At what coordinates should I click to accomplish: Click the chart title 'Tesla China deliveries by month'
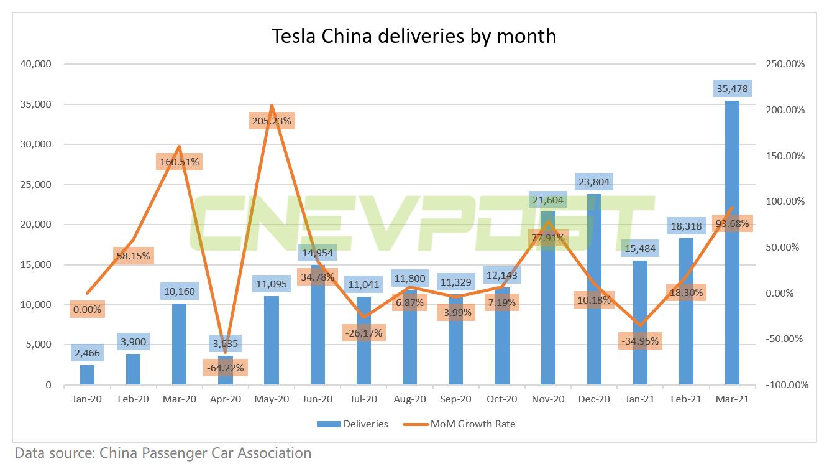[x=414, y=35]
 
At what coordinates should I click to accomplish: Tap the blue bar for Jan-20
[x=88, y=374]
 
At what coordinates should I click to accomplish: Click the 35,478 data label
[x=732, y=88]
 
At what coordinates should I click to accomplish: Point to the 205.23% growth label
[x=272, y=121]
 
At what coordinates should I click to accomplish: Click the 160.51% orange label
[x=179, y=162]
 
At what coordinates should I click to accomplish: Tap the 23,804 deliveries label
[x=594, y=182]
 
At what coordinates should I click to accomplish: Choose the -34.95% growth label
[x=639, y=341]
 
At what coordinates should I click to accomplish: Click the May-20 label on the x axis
[x=272, y=400]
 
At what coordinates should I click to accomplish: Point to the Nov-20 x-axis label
[x=548, y=400]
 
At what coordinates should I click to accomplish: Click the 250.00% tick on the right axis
[x=785, y=64]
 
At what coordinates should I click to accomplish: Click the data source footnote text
[x=163, y=453]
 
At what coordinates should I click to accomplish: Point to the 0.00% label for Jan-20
[x=87, y=309]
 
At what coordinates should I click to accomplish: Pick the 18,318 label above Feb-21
[x=686, y=226]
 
